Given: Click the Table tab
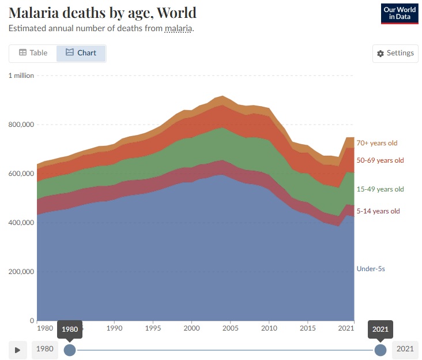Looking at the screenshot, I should tap(33, 53).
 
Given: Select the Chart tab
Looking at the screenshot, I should tap(81, 53).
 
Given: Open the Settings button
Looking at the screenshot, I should tap(395, 53).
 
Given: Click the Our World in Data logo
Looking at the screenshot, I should tap(399, 14).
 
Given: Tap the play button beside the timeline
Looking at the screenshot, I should tap(18, 350).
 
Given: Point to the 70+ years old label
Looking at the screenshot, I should tap(376, 143).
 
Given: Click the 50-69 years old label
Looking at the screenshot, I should tap(379, 160).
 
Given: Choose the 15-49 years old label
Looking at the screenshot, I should tap(379, 189).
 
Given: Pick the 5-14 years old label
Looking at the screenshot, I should tap(377, 211).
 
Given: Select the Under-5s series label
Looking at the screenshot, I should tap(371, 269).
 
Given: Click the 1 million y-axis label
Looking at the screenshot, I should tap(21, 76).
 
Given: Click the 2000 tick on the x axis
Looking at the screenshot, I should tap(191, 329).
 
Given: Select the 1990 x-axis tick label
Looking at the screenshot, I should tap(115, 329).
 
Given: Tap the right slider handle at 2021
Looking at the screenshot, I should tap(380, 350).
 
